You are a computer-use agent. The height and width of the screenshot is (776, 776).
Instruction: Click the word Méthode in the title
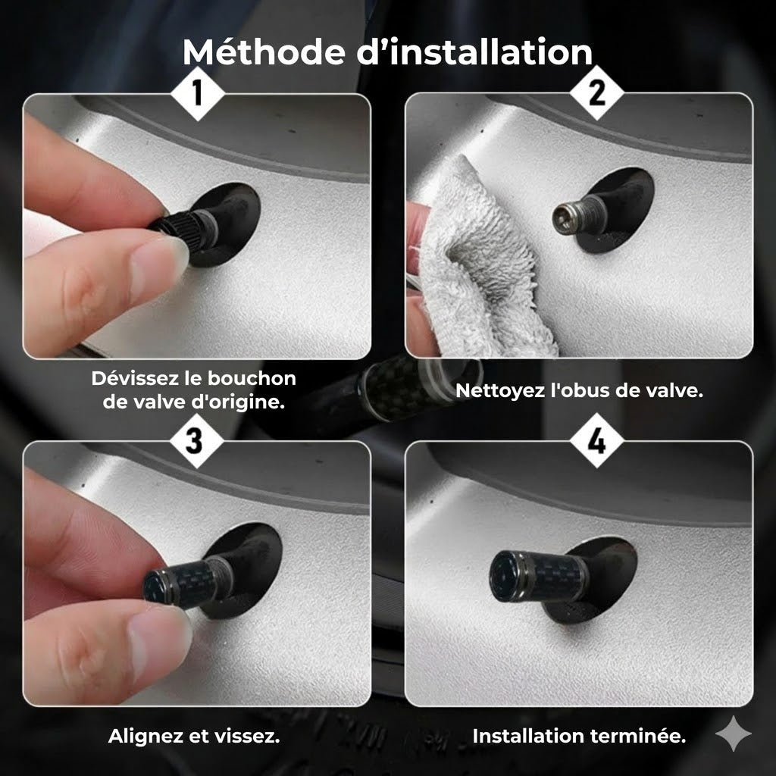pos(263,52)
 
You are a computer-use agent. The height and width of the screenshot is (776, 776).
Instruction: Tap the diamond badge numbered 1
pos(198,93)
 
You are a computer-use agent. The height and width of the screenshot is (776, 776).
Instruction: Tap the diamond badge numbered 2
pos(597,92)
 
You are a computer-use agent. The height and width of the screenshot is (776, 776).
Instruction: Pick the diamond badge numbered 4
pos(597,440)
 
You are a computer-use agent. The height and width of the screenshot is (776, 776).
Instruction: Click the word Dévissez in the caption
pos(135,378)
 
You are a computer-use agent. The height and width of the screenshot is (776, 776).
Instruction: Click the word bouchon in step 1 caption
pos(252,379)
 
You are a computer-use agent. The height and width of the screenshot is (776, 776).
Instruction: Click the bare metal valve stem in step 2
pos(577,214)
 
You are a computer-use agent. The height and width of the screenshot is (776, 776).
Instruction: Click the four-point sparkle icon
pos(734,734)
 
